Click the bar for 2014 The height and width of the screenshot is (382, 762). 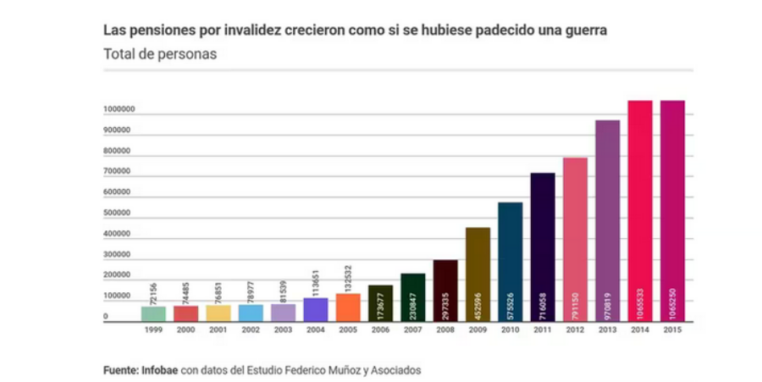coord(639,212)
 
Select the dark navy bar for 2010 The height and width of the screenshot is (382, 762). coord(510,262)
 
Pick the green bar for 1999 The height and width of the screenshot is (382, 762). coord(153,313)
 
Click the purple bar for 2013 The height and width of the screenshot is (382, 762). coord(607,221)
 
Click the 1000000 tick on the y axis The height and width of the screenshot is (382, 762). coord(117,110)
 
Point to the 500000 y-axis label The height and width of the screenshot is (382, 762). coord(117,213)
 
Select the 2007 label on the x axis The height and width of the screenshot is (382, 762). coord(412,332)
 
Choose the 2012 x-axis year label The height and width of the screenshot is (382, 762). coord(575,332)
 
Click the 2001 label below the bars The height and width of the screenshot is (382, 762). coord(218,332)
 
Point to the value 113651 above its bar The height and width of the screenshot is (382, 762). coord(315,279)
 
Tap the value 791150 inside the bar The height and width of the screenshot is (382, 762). coord(575,301)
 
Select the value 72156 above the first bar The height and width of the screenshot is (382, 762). coord(153,292)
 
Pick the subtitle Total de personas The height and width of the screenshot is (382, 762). coord(160,53)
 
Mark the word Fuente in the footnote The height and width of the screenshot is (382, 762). coord(120,370)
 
